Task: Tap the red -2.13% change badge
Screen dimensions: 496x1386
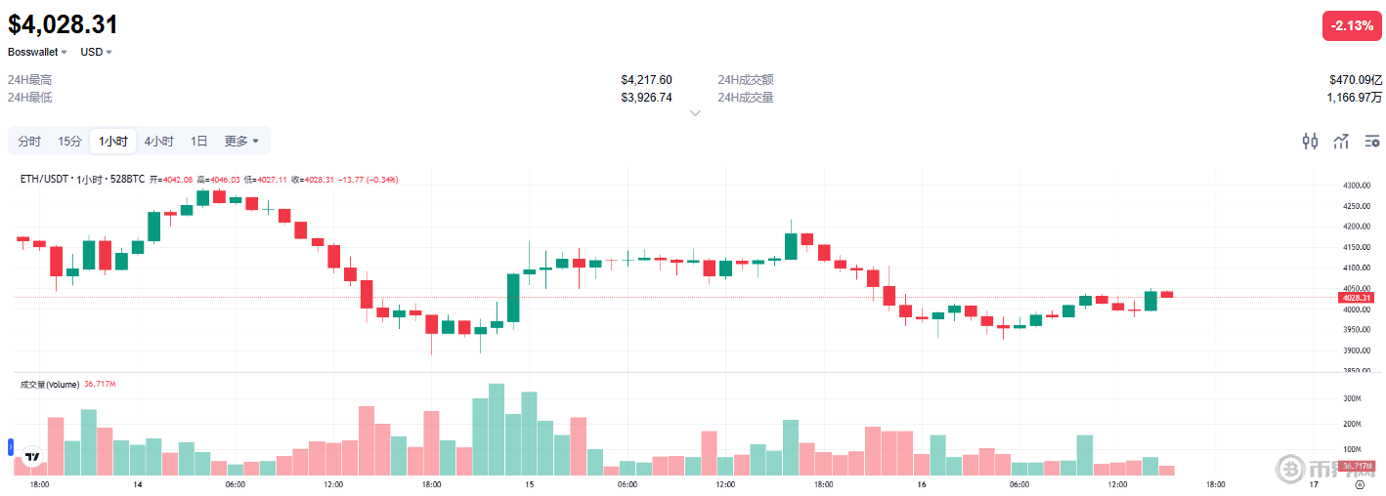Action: (x=1352, y=25)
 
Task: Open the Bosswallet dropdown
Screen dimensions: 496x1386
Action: (x=37, y=52)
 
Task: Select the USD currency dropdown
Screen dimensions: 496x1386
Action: (x=96, y=52)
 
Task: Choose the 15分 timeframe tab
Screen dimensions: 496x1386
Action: (x=69, y=142)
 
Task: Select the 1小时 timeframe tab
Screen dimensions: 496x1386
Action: (x=112, y=142)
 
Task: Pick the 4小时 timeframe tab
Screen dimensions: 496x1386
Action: (x=158, y=142)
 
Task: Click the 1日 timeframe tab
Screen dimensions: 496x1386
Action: (x=198, y=142)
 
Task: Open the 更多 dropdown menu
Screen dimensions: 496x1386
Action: (x=241, y=142)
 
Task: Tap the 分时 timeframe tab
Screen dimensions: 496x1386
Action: (x=29, y=142)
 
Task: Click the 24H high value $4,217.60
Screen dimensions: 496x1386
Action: (x=646, y=80)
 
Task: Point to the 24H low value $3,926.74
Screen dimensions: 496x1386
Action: (x=646, y=98)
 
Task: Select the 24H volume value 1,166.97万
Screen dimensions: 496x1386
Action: (x=1354, y=98)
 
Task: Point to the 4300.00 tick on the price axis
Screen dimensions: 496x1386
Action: (x=1358, y=186)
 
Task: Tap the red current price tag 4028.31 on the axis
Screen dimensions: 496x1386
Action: (x=1357, y=298)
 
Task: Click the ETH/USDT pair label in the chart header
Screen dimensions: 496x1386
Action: (x=45, y=180)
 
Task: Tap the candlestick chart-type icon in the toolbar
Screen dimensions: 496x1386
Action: (x=1310, y=142)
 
